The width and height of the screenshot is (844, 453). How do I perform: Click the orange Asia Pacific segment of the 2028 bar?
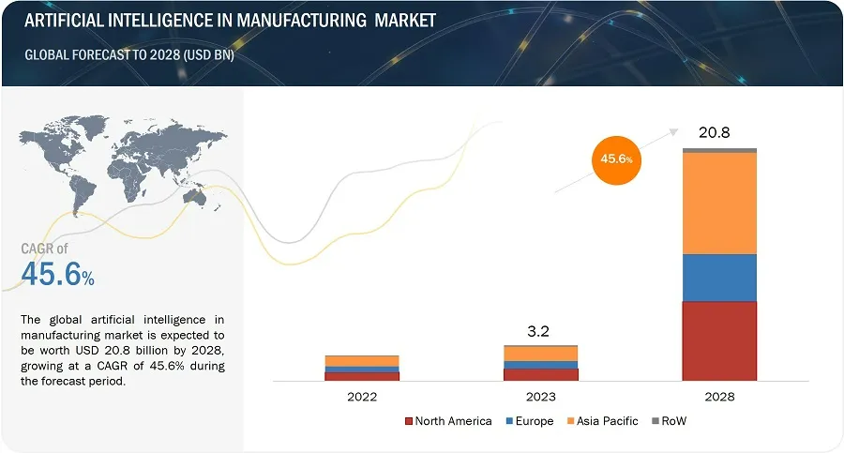click(x=719, y=203)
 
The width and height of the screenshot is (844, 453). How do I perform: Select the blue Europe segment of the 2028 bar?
click(x=719, y=278)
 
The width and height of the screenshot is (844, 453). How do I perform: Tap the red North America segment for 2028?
click(x=719, y=340)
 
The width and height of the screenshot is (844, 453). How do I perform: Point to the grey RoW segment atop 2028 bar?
click(x=719, y=150)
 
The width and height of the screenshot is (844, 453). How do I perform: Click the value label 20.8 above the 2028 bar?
click(x=715, y=132)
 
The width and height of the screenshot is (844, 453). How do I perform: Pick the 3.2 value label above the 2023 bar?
click(x=540, y=330)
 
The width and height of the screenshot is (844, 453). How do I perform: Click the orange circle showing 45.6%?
click(x=616, y=159)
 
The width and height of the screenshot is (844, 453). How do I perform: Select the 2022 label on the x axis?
click(x=362, y=397)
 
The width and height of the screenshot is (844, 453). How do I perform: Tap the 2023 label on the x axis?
click(x=541, y=397)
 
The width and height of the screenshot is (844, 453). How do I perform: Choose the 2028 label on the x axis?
click(x=719, y=397)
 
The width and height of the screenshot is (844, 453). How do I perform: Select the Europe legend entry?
click(x=530, y=421)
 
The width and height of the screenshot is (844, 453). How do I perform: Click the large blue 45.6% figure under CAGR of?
click(x=57, y=276)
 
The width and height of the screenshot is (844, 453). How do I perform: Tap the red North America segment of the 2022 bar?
click(x=362, y=375)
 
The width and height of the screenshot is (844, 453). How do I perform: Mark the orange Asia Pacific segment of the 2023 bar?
click(x=541, y=354)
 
